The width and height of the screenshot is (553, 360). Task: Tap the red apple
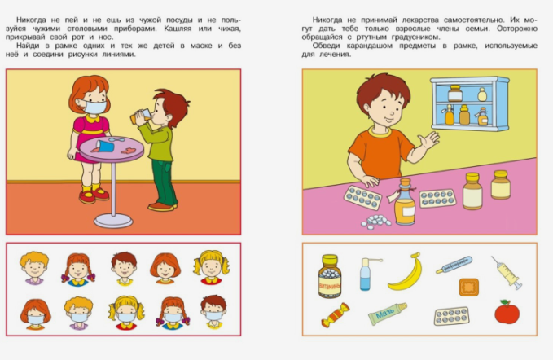507,312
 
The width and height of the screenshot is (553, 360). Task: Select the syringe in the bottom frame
507,273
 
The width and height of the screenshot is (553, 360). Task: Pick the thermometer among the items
454,265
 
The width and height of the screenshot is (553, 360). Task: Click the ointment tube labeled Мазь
387,314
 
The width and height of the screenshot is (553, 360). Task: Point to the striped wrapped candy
335,315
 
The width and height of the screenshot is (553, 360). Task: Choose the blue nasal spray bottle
366,274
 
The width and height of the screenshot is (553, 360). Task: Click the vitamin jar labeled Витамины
330,276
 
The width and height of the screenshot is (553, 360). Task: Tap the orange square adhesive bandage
469,287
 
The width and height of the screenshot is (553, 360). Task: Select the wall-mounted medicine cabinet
470,103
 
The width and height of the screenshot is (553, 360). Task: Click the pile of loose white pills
375,222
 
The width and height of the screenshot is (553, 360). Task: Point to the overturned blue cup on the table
105,146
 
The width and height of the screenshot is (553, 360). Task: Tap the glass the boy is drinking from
140,116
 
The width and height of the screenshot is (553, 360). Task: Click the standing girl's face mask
94,107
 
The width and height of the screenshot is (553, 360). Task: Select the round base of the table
113,221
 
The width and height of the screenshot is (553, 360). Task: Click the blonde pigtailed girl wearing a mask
126,313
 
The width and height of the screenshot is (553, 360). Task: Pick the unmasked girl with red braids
78,269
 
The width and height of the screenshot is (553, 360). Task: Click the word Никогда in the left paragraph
31,20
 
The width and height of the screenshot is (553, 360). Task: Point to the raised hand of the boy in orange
429,139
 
